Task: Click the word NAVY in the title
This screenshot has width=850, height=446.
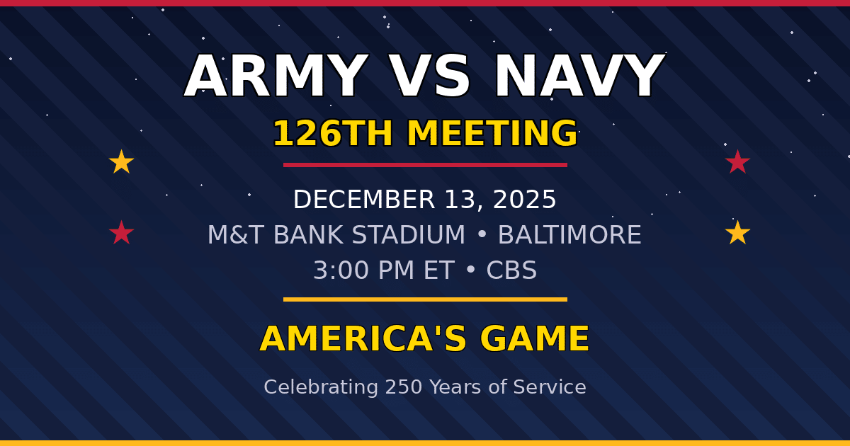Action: point(579,76)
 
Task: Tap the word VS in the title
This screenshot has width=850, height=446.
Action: point(431,76)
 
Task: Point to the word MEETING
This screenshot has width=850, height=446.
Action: point(492,134)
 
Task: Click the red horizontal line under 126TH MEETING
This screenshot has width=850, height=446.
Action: point(425,165)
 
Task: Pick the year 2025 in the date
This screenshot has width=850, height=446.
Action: point(525,200)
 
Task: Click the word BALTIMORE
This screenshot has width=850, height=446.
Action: point(569,235)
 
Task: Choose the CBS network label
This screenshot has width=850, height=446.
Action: point(511,270)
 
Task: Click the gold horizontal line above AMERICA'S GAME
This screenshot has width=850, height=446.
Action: point(425,299)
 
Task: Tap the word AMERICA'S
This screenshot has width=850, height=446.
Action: point(363,339)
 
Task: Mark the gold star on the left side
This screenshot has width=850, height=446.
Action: point(121,162)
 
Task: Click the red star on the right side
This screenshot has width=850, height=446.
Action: point(737,162)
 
